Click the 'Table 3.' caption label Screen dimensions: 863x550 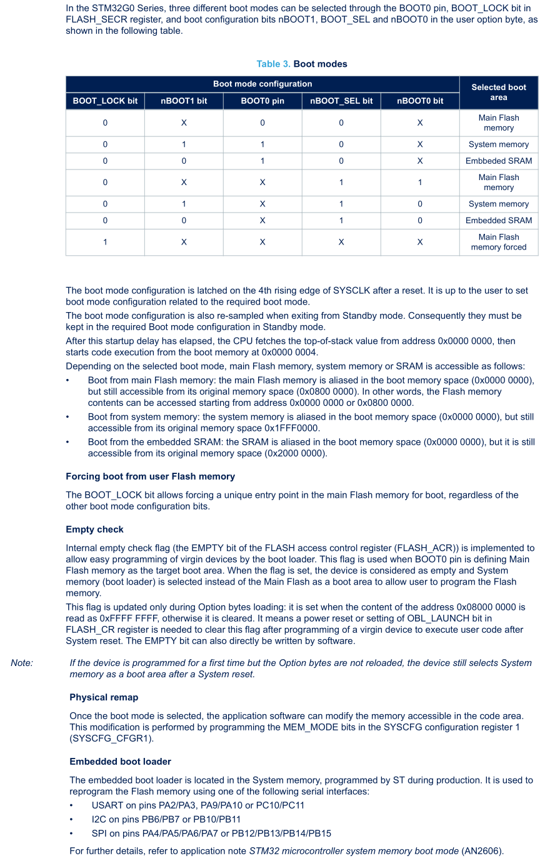(273, 64)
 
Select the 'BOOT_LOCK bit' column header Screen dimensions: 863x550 (105, 101)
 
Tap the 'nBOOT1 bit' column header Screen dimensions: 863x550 (184, 101)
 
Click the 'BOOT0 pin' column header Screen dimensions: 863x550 (262, 101)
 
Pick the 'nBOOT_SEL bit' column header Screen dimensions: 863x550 (341, 101)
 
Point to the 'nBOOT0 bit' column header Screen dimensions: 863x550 (420, 101)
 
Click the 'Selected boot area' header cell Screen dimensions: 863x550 (499, 92)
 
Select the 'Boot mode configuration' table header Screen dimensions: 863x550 (262, 84)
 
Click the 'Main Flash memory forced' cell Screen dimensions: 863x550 (499, 242)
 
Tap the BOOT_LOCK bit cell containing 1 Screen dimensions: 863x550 (105, 242)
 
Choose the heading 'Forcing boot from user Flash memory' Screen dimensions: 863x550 (150, 477)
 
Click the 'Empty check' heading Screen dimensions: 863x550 (94, 530)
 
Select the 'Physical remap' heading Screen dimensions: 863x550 (104, 697)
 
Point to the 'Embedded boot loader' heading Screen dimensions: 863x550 (120, 762)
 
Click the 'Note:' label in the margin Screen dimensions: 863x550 (22, 663)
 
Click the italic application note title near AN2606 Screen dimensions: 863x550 (354, 851)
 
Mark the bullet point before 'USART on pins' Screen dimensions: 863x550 (72, 805)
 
